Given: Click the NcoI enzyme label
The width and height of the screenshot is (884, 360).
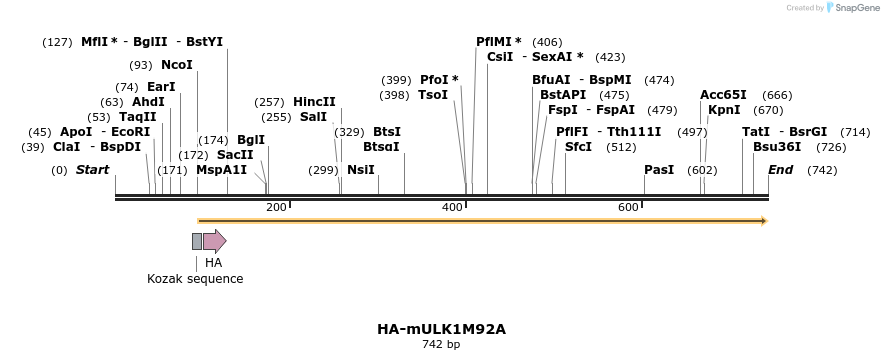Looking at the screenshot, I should coord(176,65).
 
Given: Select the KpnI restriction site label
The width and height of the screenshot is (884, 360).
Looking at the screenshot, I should coord(724,110).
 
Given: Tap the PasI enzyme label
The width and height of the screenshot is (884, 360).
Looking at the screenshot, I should coord(659,170).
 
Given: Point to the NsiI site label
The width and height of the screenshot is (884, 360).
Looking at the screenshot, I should coord(360,170).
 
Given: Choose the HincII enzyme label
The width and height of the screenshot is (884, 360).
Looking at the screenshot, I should coord(314,102).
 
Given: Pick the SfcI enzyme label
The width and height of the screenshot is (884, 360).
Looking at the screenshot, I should coord(578,146).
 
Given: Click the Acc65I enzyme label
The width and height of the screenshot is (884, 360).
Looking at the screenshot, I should coord(723,95).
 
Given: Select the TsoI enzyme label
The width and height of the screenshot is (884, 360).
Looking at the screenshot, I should coord(433,95).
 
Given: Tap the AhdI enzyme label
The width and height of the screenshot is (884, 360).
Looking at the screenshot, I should coord(148,102).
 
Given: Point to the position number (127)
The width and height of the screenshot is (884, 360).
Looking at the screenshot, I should coord(58,42).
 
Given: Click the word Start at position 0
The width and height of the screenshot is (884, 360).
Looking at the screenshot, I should coord(92,170).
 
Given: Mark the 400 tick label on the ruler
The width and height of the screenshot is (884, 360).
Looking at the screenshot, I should coord(452,207).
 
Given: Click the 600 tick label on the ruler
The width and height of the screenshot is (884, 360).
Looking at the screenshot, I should coord(628,207).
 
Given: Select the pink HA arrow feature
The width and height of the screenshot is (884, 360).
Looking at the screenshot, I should coord(214,241).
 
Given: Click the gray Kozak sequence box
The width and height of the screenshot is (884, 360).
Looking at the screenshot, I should coord(197,241).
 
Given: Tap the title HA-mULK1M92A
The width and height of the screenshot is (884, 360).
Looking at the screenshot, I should coord(441,329).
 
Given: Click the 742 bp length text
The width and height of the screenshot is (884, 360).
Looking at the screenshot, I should coord(441,344).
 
